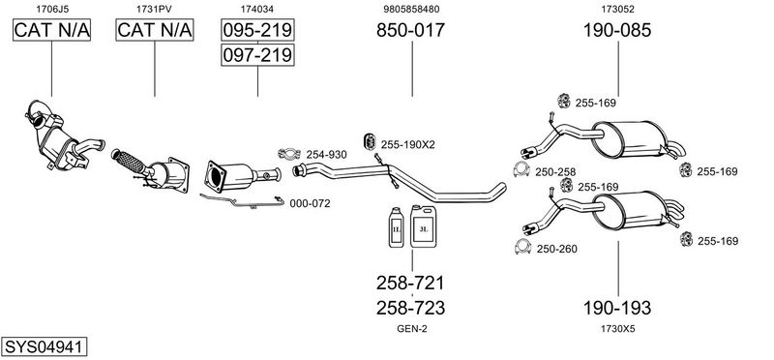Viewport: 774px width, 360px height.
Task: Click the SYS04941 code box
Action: pos(45,346)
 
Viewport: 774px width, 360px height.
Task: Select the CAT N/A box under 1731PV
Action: pos(155,31)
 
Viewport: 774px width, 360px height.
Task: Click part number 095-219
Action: pos(257,31)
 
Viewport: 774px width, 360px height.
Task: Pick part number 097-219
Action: pos(257,55)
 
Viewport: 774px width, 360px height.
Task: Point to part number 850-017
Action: pos(410,31)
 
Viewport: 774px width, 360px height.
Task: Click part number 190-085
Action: pos(617,31)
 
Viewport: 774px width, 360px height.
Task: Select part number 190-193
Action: pos(617,309)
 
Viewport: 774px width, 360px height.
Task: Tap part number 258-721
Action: pos(410,284)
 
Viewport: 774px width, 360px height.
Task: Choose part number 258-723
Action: pos(410,309)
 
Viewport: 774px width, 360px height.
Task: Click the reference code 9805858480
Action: pos(410,9)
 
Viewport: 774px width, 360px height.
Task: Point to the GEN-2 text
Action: pos(410,329)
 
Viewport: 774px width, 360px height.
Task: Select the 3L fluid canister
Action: pos(424,225)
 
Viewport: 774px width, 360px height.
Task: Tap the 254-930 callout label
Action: pos(326,155)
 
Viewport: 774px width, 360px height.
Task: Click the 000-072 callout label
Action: pos(310,203)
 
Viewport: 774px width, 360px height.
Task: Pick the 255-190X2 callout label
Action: pos(407,144)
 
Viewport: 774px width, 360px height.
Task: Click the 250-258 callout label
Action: pos(555,172)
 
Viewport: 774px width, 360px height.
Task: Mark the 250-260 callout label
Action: pos(556,249)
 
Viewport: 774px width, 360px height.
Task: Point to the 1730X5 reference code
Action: pos(617,329)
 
